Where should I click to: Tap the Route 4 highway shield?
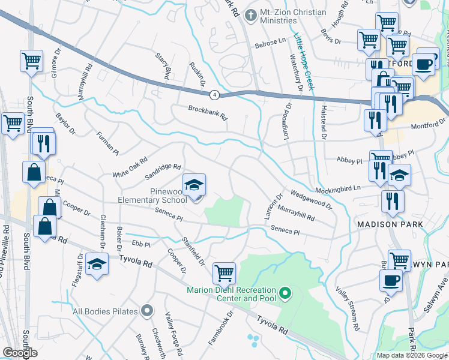(x=214, y=95)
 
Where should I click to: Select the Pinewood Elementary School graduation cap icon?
(x=194, y=185)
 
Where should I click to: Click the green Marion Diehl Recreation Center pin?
(x=286, y=293)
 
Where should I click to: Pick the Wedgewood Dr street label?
(x=310, y=199)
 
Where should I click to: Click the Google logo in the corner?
(x=20, y=352)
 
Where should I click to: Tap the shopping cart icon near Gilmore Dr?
(x=31, y=61)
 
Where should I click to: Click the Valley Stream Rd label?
(x=348, y=310)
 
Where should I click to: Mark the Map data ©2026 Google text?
(x=411, y=355)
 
